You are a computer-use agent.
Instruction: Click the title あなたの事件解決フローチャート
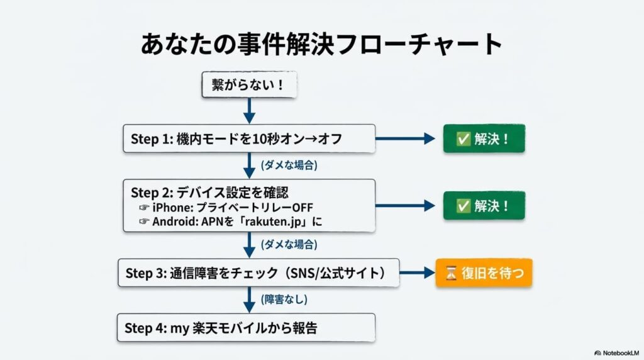pyautogui.click(x=321, y=45)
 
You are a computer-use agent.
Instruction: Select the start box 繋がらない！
pyautogui.click(x=248, y=85)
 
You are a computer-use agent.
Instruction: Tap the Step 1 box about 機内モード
pyautogui.click(x=249, y=138)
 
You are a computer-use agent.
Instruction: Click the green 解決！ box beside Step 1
pyautogui.click(x=484, y=138)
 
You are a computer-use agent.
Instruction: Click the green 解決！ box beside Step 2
pyautogui.click(x=484, y=205)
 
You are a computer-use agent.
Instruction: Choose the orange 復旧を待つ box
pyautogui.click(x=484, y=273)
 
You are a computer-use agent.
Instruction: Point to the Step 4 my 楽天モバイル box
pyautogui.click(x=246, y=327)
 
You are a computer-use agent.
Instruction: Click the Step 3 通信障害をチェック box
pyautogui.click(x=258, y=273)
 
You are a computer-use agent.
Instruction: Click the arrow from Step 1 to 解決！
pyautogui.click(x=405, y=138)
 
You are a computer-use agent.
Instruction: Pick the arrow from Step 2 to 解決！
pyautogui.click(x=405, y=205)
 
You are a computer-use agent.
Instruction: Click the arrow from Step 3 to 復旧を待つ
pyautogui.click(x=417, y=273)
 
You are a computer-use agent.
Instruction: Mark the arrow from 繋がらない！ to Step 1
pyautogui.click(x=249, y=111)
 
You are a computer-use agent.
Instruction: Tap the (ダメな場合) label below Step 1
pyautogui.click(x=289, y=166)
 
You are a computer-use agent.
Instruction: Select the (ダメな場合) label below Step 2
pyautogui.click(x=289, y=244)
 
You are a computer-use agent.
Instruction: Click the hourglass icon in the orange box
pyautogui.click(x=450, y=273)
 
